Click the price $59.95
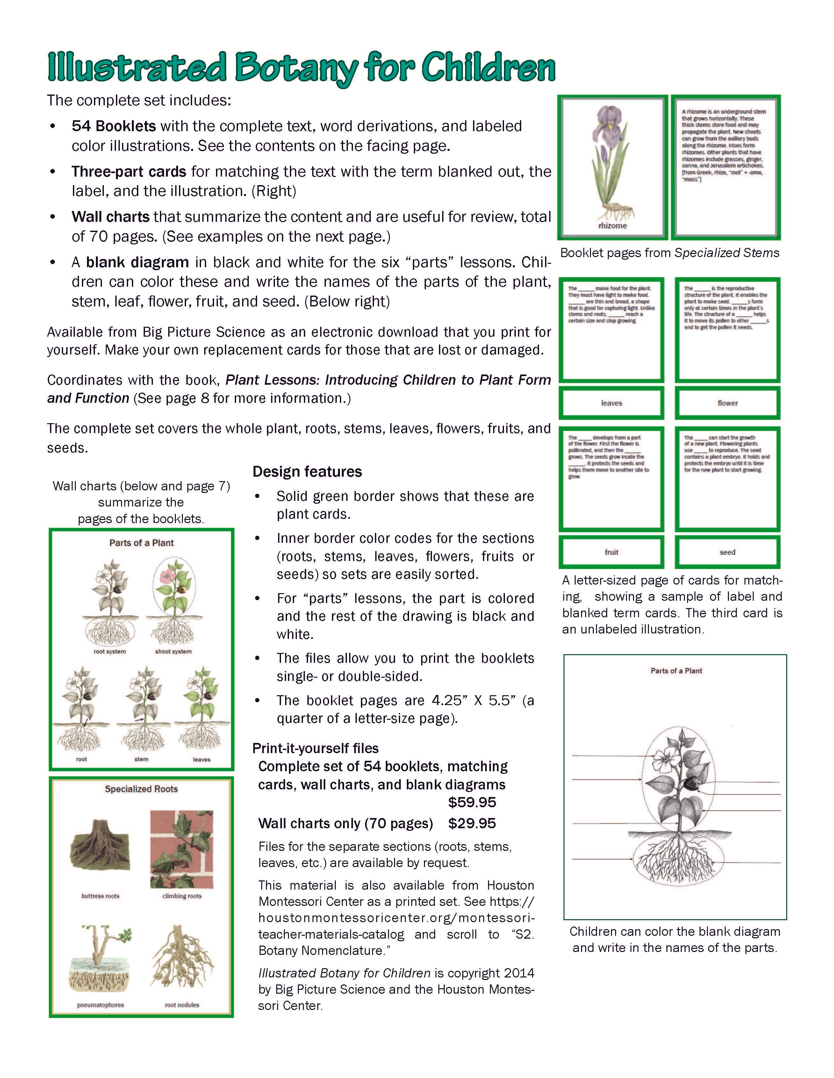[472, 802]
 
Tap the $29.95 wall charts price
[472, 823]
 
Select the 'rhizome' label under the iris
[612, 226]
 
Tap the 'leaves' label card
[611, 403]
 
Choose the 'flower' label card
[727, 403]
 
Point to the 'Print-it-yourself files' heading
[315, 748]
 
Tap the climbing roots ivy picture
[182, 849]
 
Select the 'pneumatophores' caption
[100, 1005]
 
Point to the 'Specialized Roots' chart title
[141, 789]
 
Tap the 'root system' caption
[110, 652]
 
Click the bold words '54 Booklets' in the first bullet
[114, 126]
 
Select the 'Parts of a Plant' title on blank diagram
[676, 671]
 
